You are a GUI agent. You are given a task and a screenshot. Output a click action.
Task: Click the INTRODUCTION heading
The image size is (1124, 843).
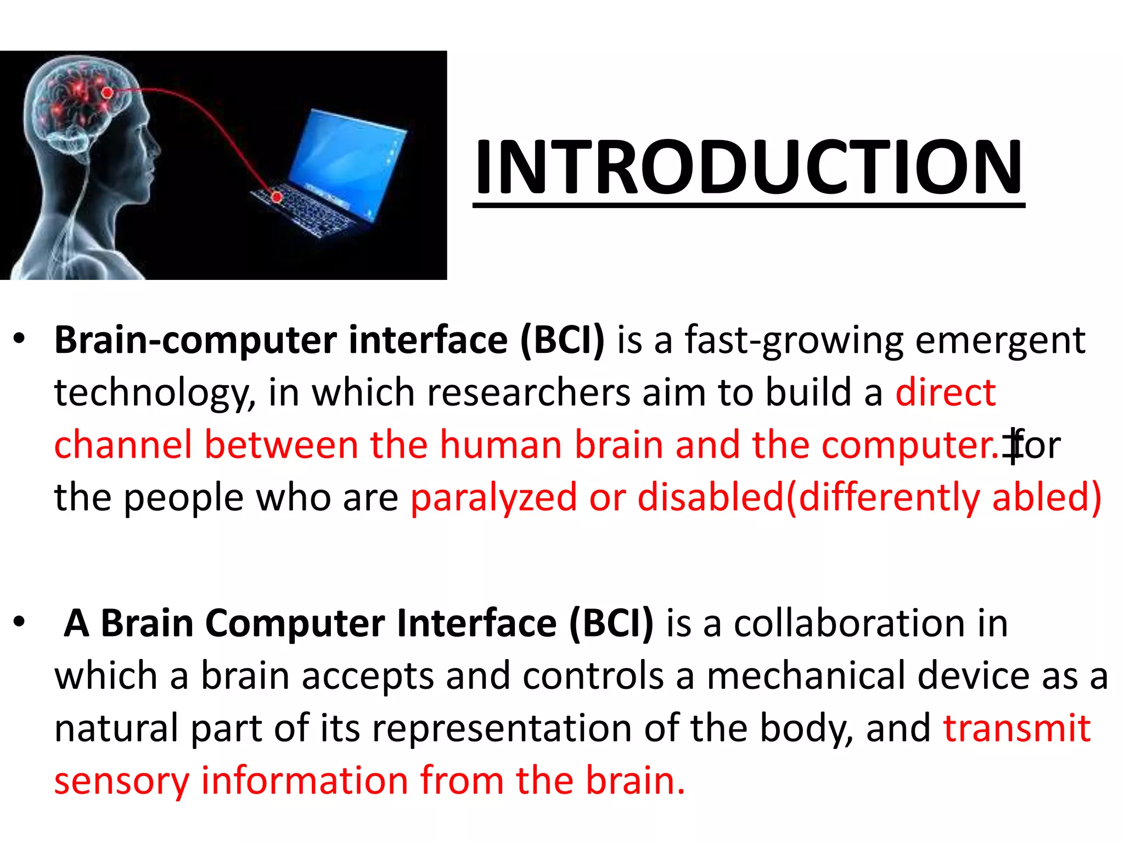tap(749, 167)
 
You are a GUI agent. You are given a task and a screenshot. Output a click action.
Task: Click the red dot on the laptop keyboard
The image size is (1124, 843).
tap(278, 196)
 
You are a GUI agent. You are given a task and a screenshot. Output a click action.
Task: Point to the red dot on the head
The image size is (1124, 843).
tap(108, 93)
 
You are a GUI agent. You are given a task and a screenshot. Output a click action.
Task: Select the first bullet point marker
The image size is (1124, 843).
tap(20, 339)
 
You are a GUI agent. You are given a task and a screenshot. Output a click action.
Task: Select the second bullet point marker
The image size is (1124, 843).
tap(20, 622)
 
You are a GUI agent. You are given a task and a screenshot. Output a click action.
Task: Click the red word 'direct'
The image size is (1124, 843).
tap(945, 392)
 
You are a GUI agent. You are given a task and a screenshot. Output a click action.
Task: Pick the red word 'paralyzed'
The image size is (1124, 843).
tap(493, 497)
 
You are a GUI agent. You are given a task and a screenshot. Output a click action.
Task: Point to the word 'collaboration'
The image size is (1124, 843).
tap(850, 624)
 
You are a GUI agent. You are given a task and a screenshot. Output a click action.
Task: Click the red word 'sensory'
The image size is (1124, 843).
tap(122, 782)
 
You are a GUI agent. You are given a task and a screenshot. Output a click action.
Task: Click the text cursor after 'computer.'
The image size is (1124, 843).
tap(1013, 446)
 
